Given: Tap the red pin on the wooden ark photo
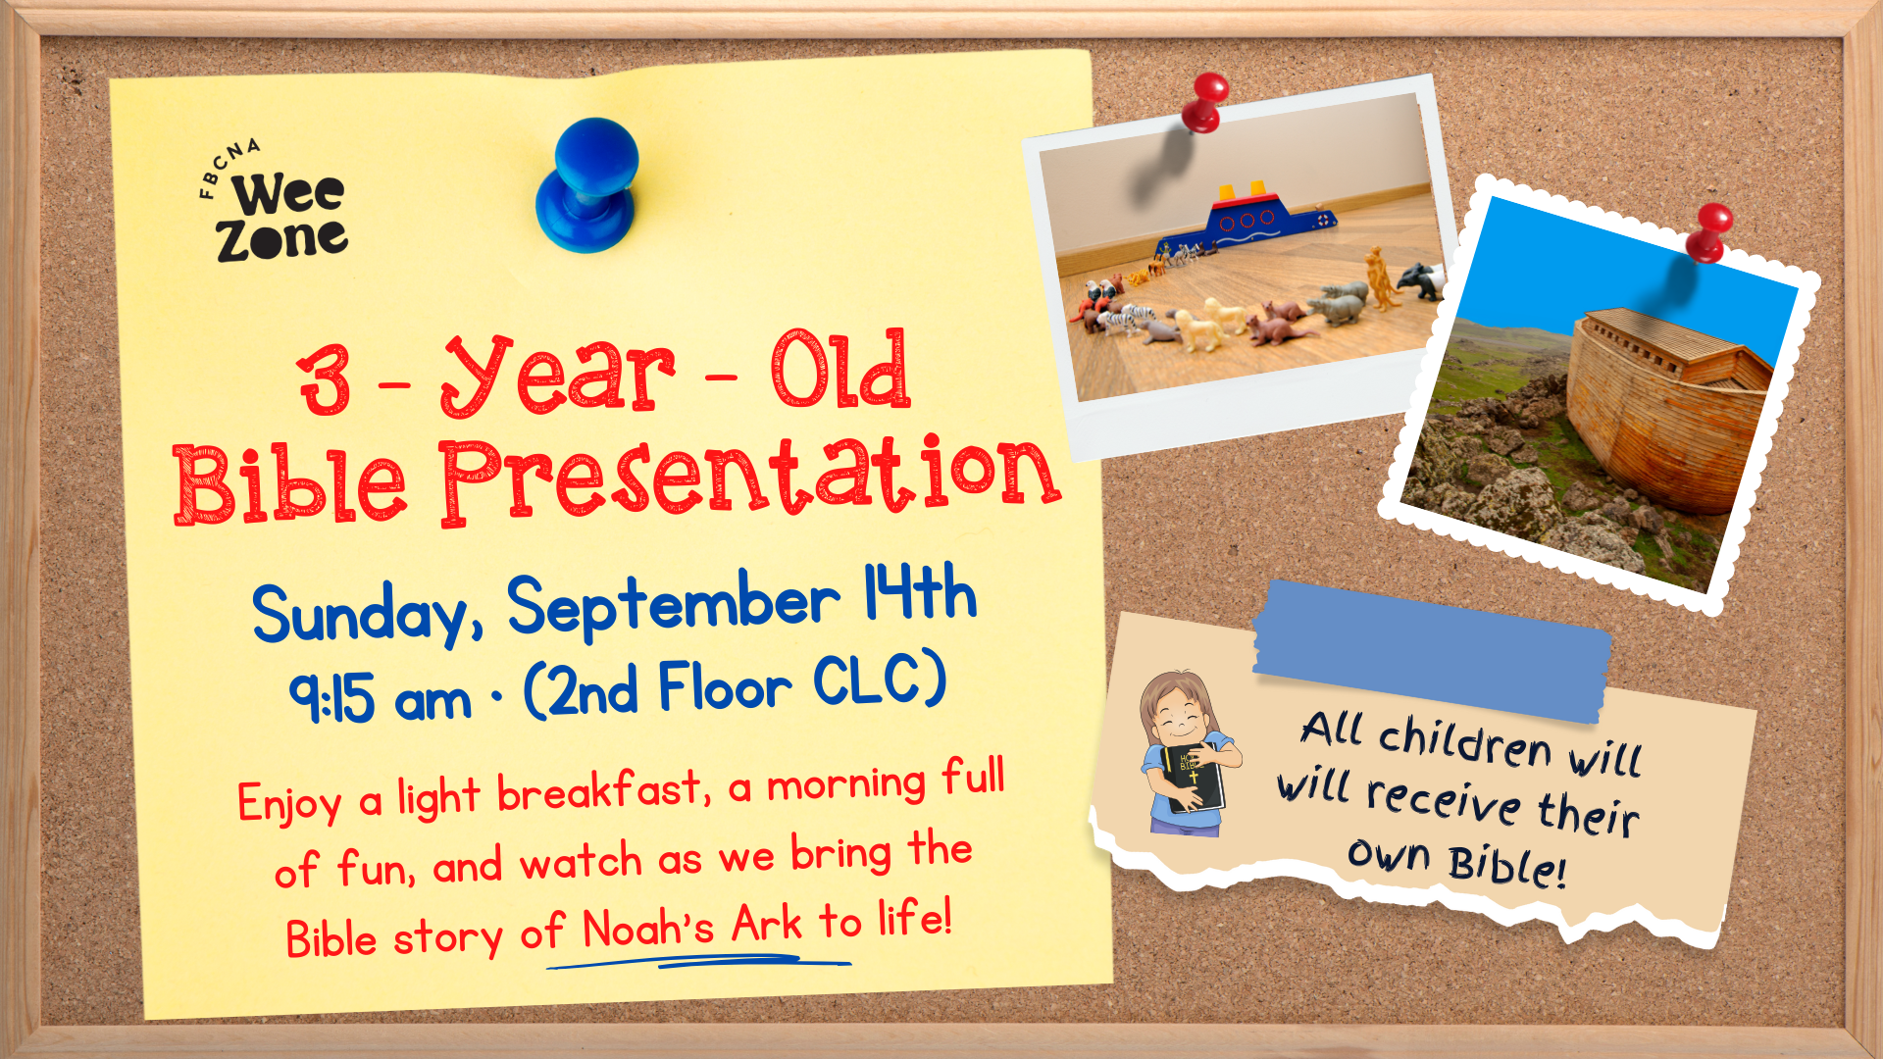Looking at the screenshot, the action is tap(1709, 233).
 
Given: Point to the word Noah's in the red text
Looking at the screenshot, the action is tap(648, 928).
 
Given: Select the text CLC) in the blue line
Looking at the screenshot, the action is tap(880, 681).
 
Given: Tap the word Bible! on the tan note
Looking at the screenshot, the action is tap(1507, 865).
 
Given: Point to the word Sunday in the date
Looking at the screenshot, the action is tap(367, 614).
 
